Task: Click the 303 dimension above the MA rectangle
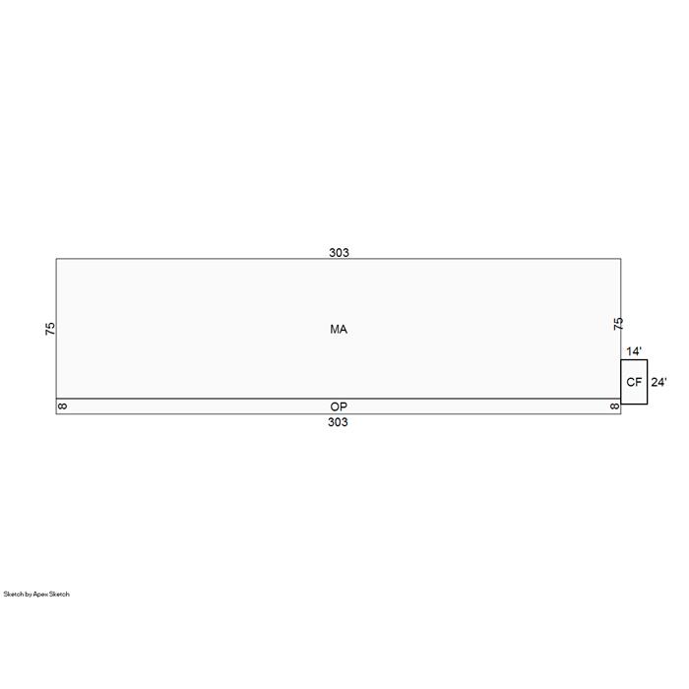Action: pos(339,253)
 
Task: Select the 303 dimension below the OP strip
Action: pos(338,422)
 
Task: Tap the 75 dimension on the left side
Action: pos(50,329)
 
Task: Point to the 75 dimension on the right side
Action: pos(618,324)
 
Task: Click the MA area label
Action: pos(339,329)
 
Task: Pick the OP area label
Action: pos(339,407)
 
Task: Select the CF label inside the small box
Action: pos(634,382)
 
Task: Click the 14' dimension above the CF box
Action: pos(634,351)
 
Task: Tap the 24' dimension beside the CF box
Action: pos(658,382)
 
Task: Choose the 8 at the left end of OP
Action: pos(62,407)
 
